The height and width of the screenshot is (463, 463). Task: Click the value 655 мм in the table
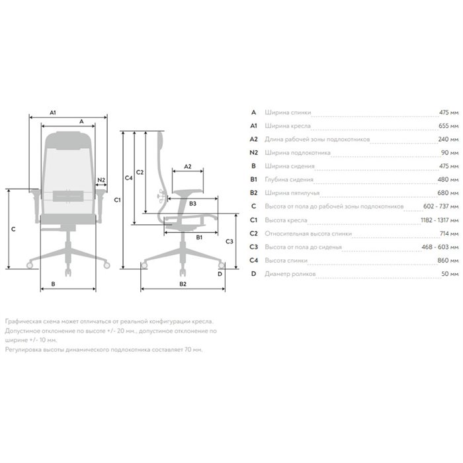pyautogui.click(x=448, y=126)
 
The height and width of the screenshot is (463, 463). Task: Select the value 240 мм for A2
pyautogui.click(x=448, y=139)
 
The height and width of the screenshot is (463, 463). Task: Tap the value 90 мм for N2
pyautogui.click(x=450, y=153)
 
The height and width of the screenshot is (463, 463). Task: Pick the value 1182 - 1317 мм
pyautogui.click(x=440, y=220)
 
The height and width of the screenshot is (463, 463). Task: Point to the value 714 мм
pyautogui.click(x=449, y=233)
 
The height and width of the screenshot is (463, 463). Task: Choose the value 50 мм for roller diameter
pyautogui.click(x=450, y=274)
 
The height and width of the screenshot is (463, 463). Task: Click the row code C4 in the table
pyautogui.click(x=253, y=260)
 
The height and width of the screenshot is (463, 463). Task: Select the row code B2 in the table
pyautogui.click(x=253, y=193)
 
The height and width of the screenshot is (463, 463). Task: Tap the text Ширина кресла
pyautogui.click(x=288, y=126)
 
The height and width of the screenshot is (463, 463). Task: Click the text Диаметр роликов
pyautogui.click(x=290, y=274)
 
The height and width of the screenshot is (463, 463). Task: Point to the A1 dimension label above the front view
pyautogui.click(x=53, y=112)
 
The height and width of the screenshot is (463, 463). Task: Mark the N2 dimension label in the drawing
pyautogui.click(x=101, y=180)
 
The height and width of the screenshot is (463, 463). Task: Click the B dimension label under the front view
pyautogui.click(x=53, y=284)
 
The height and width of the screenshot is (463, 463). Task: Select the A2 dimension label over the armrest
pyautogui.click(x=188, y=167)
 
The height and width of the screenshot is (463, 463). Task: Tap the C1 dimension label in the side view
pyautogui.click(x=118, y=200)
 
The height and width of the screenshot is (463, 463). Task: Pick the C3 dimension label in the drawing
pyautogui.click(x=230, y=241)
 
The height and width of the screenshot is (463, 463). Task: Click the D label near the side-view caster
pyautogui.click(x=220, y=274)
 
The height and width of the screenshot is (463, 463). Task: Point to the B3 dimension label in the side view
pyautogui.click(x=192, y=204)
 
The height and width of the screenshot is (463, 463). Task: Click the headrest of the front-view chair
pyautogui.click(x=69, y=140)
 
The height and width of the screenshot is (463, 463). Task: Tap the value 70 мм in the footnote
pyautogui.click(x=193, y=350)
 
